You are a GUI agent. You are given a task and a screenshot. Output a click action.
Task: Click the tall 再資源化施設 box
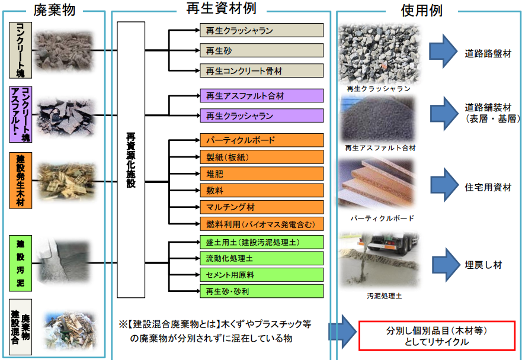coord(131,160)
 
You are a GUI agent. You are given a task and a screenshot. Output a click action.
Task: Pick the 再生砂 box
coord(261,50)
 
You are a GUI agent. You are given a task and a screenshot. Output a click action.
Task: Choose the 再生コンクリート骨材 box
coord(261,70)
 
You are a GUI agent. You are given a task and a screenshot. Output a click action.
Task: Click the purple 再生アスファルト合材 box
coord(261,95)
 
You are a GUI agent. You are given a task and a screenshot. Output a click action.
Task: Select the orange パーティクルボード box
coord(261,141)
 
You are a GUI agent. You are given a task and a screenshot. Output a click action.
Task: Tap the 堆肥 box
coord(261,174)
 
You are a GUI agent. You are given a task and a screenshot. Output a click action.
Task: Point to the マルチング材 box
coord(261,207)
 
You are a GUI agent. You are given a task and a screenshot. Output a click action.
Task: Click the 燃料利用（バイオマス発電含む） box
coord(261,224)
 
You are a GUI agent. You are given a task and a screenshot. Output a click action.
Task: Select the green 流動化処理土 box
coord(261,258)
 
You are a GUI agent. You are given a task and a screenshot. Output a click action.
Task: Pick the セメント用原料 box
coord(261,275)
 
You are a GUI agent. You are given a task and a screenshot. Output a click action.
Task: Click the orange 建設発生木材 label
coord(21,180)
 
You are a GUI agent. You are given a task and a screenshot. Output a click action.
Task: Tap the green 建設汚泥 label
coord(21,263)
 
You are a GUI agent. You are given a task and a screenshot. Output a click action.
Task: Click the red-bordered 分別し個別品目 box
coord(437,336)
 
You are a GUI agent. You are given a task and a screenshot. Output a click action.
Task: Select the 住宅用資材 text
coord(488,188)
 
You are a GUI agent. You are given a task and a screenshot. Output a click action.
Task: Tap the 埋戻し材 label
coord(483,265)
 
